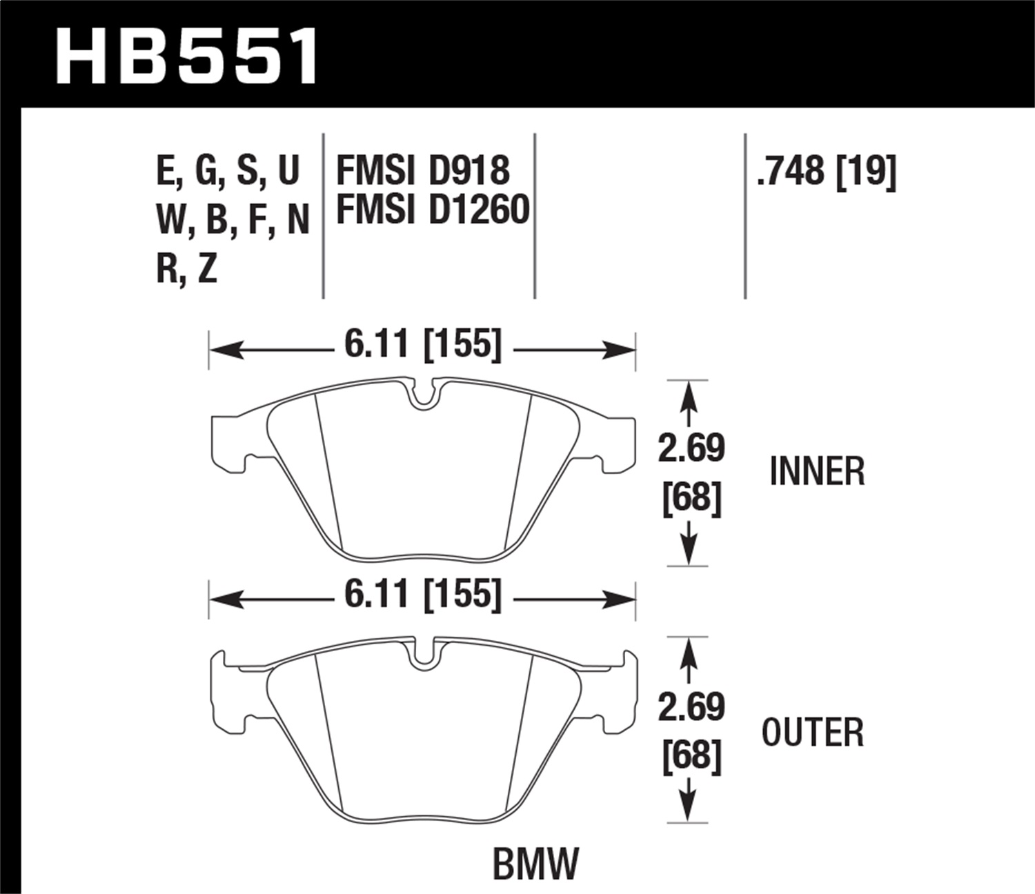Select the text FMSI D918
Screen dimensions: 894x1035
click(422, 170)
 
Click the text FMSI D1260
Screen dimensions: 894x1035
click(432, 210)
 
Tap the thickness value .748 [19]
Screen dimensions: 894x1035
click(826, 170)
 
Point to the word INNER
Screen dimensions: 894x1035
click(816, 473)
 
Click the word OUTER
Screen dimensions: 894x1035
click(812, 733)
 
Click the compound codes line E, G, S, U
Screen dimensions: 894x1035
click(228, 170)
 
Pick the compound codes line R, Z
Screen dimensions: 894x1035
click(186, 269)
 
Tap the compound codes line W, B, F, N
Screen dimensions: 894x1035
click(233, 220)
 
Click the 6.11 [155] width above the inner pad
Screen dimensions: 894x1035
click(422, 344)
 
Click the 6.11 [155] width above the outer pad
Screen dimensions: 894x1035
click(422, 594)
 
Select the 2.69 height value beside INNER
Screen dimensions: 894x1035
click(691, 448)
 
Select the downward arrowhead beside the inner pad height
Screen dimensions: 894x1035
click(688, 553)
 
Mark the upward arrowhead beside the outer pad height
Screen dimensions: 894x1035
click(688, 651)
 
